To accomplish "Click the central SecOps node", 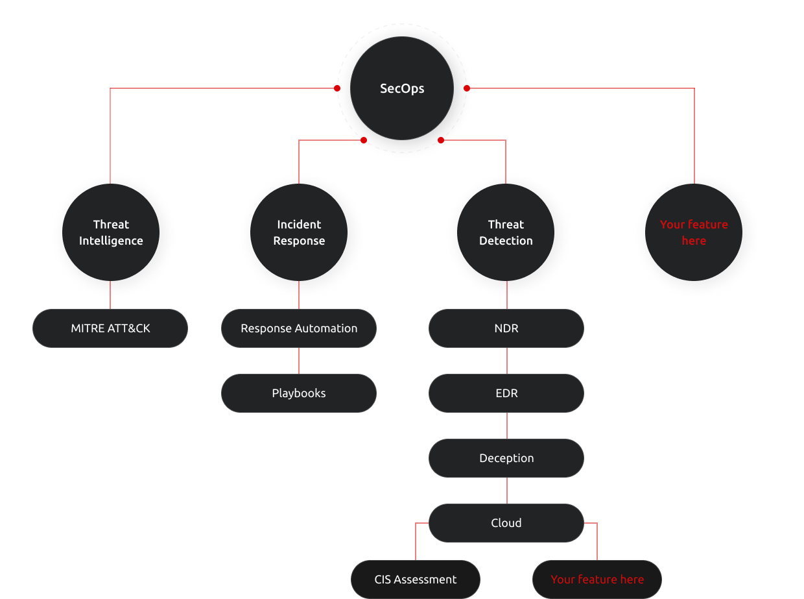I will tap(402, 88).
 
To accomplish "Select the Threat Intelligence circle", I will tap(111, 232).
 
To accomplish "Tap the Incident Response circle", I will tap(299, 232).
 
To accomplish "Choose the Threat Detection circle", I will tap(506, 232).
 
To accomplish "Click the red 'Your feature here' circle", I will tap(694, 232).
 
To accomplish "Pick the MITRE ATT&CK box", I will tap(110, 328).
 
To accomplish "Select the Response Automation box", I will tap(299, 328).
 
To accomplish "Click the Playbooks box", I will tap(299, 393).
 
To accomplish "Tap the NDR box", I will tap(506, 328).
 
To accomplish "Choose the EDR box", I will tap(506, 393).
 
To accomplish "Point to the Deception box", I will tap(506, 458).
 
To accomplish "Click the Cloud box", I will tap(506, 523).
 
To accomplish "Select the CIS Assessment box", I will tap(416, 580).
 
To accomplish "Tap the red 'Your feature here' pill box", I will tap(597, 580).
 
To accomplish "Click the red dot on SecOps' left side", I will tap(337, 88).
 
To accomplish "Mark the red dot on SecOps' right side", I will tap(467, 88).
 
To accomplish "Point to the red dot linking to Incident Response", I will tap(364, 140).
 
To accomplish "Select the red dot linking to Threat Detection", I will tap(441, 140).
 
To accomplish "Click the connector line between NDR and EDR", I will tap(507, 361).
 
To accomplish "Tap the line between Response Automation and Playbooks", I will tap(299, 361).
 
